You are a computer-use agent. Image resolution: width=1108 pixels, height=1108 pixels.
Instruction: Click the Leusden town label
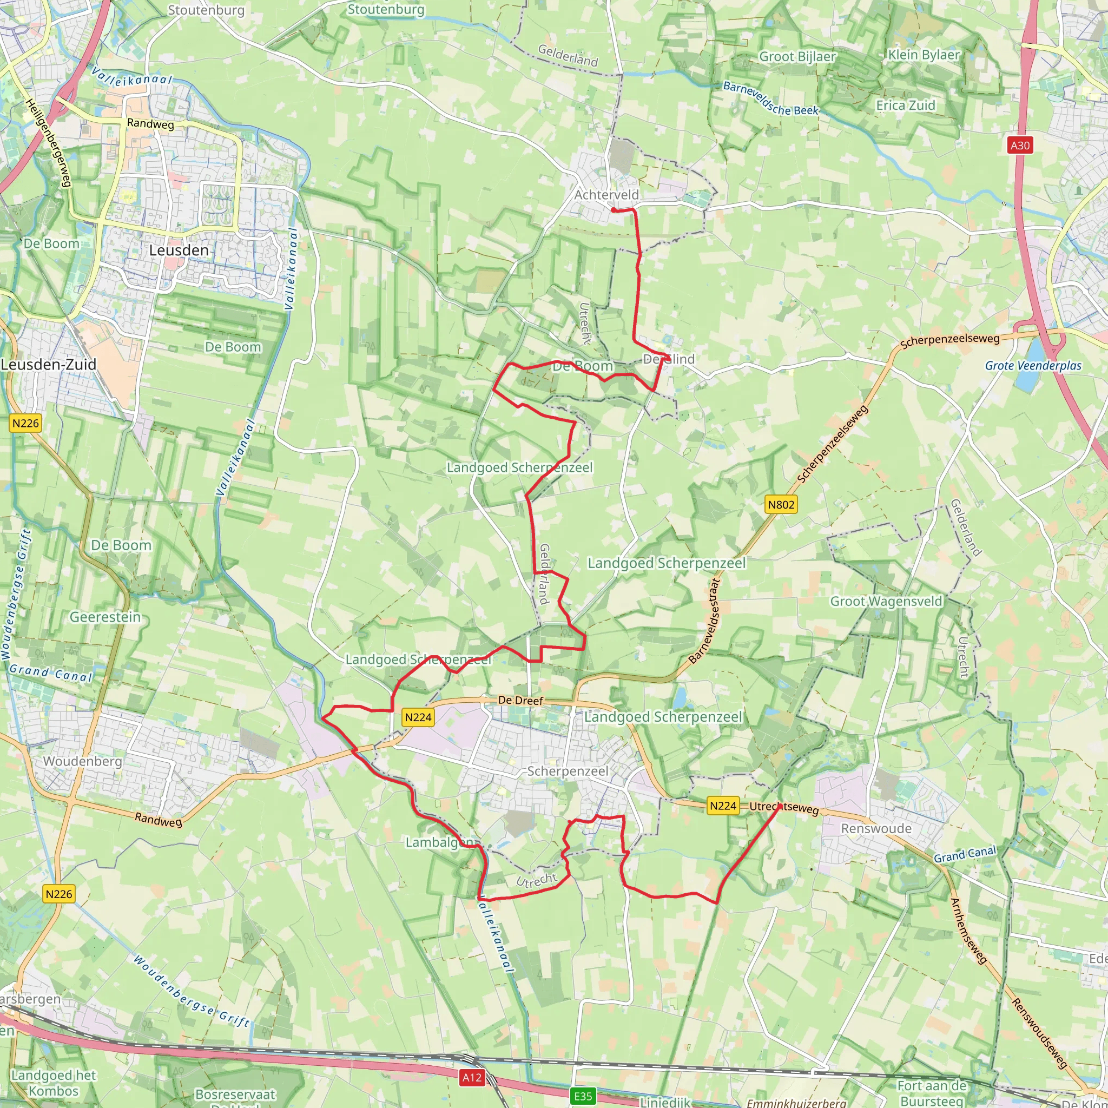pyautogui.click(x=179, y=250)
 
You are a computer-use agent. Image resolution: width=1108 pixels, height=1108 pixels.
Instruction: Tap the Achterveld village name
pyautogui.click(x=606, y=195)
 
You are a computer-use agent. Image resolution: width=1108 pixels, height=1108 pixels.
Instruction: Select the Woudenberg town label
pyautogui.click(x=83, y=761)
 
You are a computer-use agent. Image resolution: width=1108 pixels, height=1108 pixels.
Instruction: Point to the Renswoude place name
pyautogui.click(x=876, y=828)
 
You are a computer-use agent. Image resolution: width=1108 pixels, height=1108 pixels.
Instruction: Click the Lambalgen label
pyautogui.click(x=439, y=842)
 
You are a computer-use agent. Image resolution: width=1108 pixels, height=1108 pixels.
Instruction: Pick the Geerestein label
pyautogui.click(x=105, y=617)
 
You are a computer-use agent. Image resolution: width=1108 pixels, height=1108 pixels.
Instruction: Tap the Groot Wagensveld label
pyautogui.click(x=886, y=601)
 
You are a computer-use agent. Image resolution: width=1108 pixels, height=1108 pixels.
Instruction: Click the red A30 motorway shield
pyautogui.click(x=1020, y=145)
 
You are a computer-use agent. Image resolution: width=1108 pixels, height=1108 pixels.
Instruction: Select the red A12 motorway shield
pyautogui.click(x=472, y=1077)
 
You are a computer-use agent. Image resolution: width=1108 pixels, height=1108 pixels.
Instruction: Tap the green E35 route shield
pyautogui.click(x=583, y=1097)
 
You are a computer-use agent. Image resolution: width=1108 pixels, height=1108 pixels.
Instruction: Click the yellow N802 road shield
pyautogui.click(x=781, y=505)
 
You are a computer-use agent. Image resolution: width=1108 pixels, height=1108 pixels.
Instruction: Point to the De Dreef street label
pyautogui.click(x=520, y=700)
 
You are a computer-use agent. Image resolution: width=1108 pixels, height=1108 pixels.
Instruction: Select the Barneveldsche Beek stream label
pyautogui.click(x=770, y=98)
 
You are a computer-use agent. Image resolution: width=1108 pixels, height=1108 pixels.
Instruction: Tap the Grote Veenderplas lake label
pyautogui.click(x=1033, y=365)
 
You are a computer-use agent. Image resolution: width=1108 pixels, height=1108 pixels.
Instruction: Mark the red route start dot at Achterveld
pyautogui.click(x=614, y=210)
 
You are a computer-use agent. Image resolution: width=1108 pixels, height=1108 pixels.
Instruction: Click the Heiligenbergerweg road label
pyautogui.click(x=48, y=142)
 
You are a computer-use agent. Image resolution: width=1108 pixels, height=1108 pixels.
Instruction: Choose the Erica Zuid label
pyautogui.click(x=906, y=105)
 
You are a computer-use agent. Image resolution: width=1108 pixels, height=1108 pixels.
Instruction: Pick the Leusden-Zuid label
pyautogui.click(x=49, y=364)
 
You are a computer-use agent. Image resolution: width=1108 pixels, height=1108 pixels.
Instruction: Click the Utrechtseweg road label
pyautogui.click(x=784, y=808)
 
